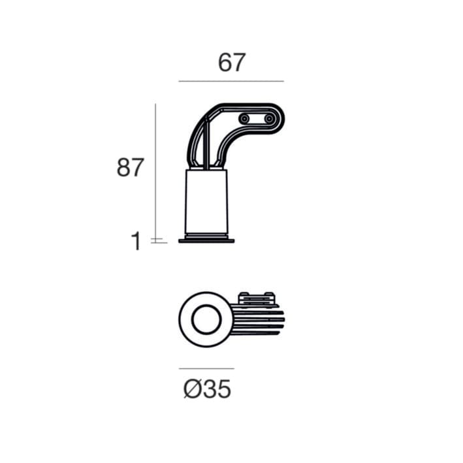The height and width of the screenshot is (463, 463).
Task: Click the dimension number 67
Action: tap(231, 62)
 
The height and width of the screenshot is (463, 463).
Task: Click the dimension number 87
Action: tap(130, 167)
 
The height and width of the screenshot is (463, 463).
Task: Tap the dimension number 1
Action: tap(136, 241)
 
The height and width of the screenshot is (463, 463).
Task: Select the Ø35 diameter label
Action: tap(207, 389)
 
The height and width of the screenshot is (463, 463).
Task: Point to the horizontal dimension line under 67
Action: tap(231, 81)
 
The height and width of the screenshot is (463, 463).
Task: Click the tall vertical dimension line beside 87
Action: tap(155, 173)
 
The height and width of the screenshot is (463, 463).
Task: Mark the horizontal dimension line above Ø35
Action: tap(206, 368)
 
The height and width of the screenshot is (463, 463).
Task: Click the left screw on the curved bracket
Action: tap(244, 119)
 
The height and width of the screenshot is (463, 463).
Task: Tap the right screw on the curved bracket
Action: tap(269, 119)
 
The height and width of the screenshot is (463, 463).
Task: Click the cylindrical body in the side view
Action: tap(206, 201)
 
